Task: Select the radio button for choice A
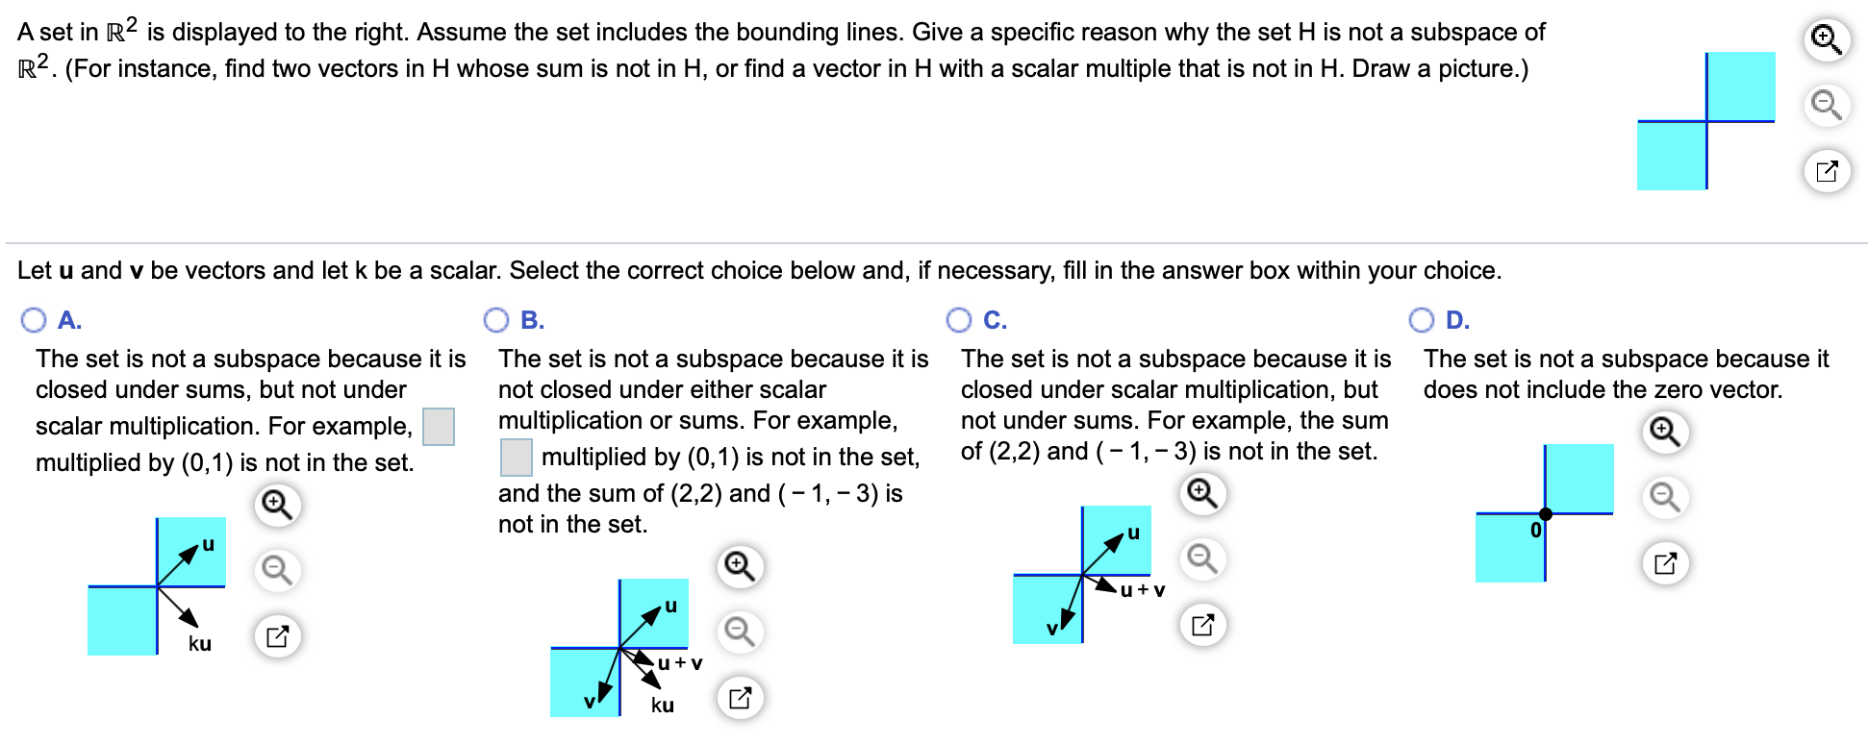34,320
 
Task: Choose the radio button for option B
496,320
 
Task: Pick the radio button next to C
959,320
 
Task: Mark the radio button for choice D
1422,320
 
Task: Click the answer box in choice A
439,427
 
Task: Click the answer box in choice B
517,458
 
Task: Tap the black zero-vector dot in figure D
1545,513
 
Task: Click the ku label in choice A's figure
200,644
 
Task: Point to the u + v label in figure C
1144,590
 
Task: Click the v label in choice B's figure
590,703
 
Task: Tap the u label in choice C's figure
1133,533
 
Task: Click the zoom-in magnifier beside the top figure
1826,39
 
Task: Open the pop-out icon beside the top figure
1826,172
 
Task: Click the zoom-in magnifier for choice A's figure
277,504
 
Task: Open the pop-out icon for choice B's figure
740,698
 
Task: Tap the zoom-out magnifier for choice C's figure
1202,558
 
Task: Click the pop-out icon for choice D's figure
1665,563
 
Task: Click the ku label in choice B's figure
663,706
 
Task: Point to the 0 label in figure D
1535,531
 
